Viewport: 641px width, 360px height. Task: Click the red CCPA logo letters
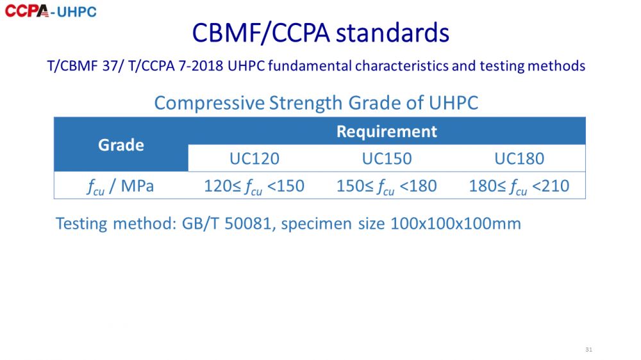[27, 11]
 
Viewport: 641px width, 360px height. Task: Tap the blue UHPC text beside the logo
[76, 12]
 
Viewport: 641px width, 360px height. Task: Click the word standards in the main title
[392, 33]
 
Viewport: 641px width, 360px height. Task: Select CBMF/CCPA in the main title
[261, 33]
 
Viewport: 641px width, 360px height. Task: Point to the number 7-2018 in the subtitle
[201, 66]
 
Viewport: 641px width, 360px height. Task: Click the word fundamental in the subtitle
[310, 66]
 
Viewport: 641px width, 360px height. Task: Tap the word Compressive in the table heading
[209, 102]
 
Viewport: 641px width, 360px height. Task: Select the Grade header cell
[121, 145]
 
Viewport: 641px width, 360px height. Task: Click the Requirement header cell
[387, 131]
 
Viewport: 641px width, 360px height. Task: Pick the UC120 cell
[254, 159]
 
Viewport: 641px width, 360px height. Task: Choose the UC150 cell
[387, 159]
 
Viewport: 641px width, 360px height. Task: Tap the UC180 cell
[519, 159]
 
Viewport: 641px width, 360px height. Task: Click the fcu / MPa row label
[121, 186]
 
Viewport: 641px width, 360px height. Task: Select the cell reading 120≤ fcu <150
[254, 186]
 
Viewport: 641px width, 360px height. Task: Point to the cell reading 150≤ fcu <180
[387, 186]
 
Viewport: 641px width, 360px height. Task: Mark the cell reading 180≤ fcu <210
[519, 186]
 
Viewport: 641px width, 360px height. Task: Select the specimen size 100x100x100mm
[456, 224]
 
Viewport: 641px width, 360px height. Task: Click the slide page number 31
[588, 349]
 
